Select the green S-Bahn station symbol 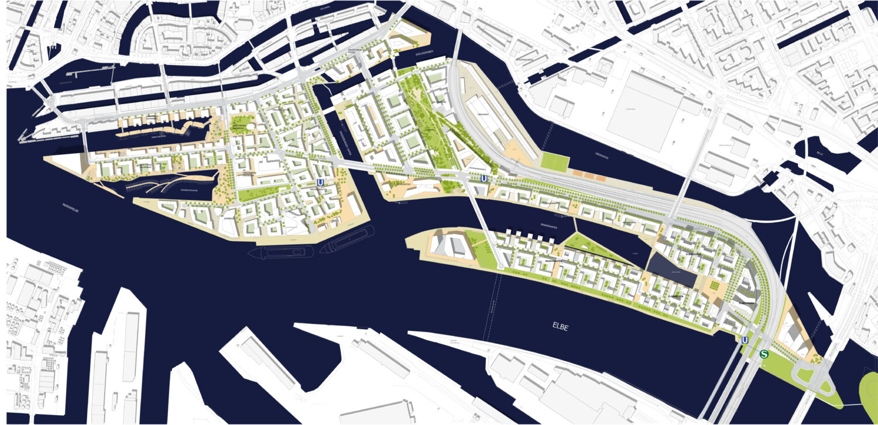pyautogui.click(x=764, y=354)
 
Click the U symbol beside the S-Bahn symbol pyautogui.click(x=745, y=340)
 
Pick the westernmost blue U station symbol pyautogui.click(x=320, y=183)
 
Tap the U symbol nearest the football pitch pyautogui.click(x=483, y=178)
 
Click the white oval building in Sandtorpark pyautogui.click(x=252, y=127)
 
